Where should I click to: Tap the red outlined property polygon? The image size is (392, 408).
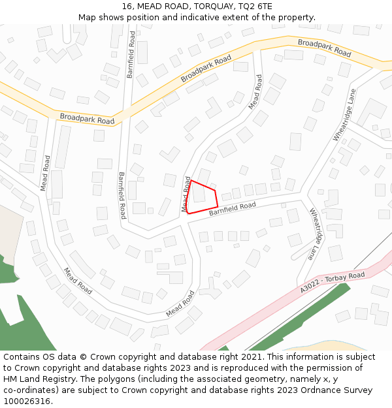(203, 196)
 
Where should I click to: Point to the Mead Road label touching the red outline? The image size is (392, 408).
(186, 194)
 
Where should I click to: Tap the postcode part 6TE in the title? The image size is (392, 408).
(263, 6)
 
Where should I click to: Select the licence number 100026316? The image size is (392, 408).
(28, 401)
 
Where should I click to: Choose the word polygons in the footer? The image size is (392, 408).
(122, 379)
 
